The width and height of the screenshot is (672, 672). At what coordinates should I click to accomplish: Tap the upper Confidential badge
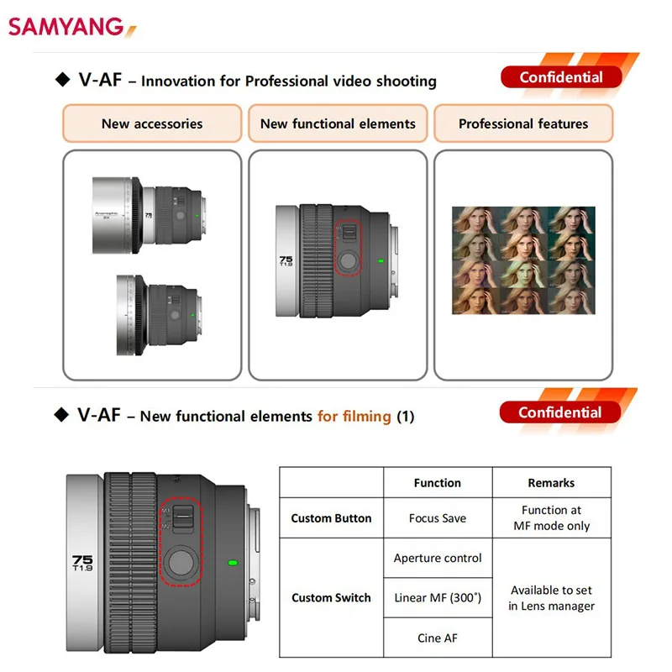[x=560, y=77]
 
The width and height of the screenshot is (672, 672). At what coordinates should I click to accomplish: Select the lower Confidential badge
[x=559, y=412]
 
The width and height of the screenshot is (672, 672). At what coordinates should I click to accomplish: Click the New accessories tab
[x=152, y=123]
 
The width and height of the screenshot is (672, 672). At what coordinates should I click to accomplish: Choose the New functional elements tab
[x=338, y=123]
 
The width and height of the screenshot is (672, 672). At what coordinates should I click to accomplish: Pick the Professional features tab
[x=523, y=123]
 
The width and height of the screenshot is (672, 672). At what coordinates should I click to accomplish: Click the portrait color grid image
[x=523, y=261]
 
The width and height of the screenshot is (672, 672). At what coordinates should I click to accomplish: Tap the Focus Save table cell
[x=437, y=518]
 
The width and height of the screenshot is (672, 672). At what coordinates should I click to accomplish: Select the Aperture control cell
[x=438, y=558]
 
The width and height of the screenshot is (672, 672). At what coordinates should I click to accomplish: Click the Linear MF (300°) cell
[x=438, y=598]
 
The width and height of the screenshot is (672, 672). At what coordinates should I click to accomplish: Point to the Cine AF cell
[x=438, y=638]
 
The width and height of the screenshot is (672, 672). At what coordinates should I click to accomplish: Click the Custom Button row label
[x=331, y=518]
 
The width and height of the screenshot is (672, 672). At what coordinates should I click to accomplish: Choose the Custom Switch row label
[x=331, y=598]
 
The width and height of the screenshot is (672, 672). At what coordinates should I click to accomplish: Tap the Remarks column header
[x=551, y=483]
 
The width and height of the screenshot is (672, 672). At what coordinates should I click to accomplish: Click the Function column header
[x=437, y=483]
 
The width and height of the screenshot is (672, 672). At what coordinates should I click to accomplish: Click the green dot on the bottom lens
[x=233, y=563]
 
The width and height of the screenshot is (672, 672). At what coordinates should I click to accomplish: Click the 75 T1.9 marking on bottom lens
[x=83, y=562]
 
